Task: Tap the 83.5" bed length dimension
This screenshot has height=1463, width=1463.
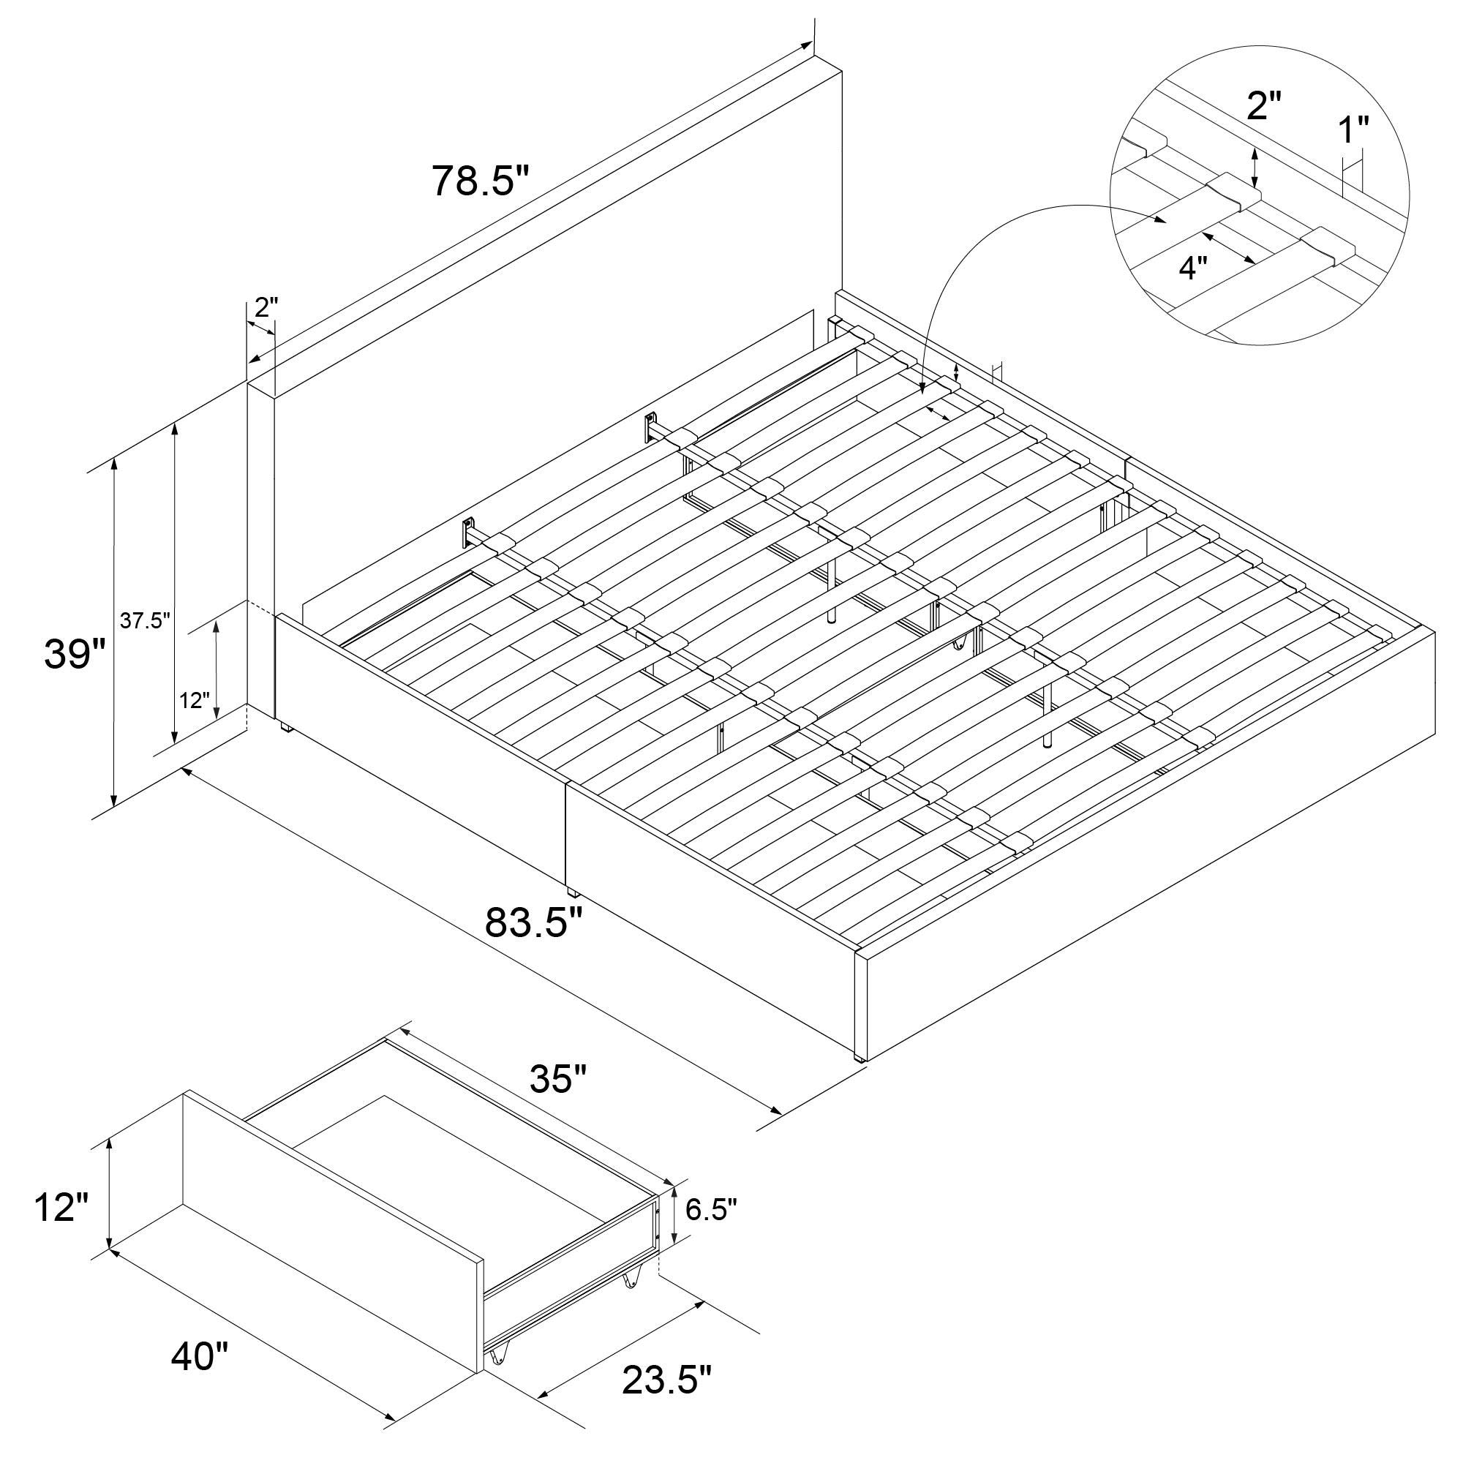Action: coord(534,922)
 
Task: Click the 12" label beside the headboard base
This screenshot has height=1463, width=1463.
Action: coord(195,700)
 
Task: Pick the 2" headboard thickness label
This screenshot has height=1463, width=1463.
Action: coord(266,306)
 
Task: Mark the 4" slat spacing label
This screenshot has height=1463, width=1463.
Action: coord(1192,267)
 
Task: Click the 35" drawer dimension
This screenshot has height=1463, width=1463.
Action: coord(558,1080)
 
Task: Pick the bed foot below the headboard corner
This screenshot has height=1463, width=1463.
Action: coord(285,727)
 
